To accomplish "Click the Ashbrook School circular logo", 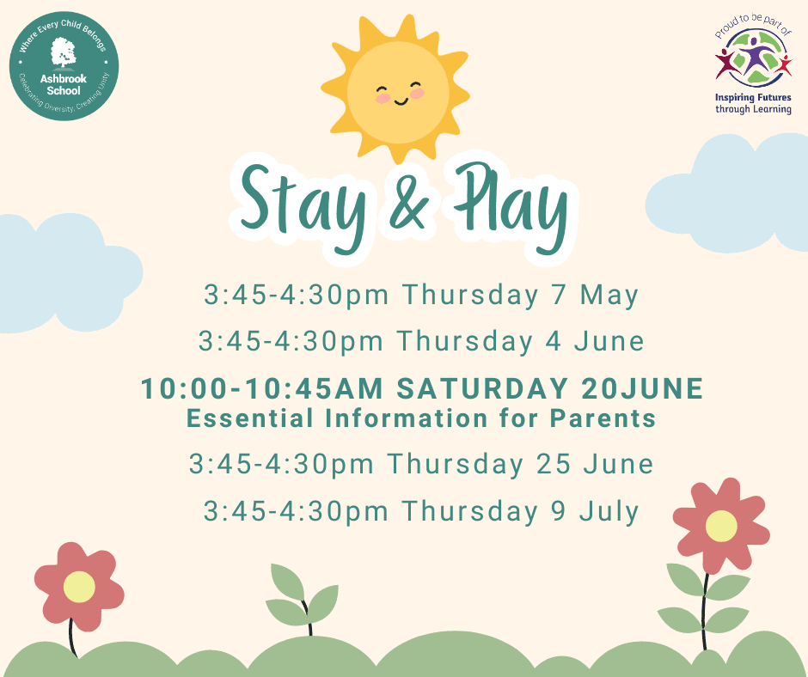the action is pyautogui.click(x=64, y=66).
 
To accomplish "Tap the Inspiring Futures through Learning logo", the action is pyautogui.click(x=753, y=64).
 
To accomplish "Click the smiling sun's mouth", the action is pyautogui.click(x=401, y=101).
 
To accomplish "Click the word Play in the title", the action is pyautogui.click(x=511, y=206).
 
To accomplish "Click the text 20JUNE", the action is pyautogui.click(x=643, y=388).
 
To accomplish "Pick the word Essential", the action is pyautogui.click(x=249, y=418).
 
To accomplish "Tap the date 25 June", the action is pyautogui.click(x=595, y=464).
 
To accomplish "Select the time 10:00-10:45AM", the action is pyautogui.click(x=262, y=388).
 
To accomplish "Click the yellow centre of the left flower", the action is pyautogui.click(x=79, y=587).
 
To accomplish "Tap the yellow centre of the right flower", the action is pyautogui.click(x=721, y=526).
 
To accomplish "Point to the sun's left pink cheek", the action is pyautogui.click(x=383, y=97).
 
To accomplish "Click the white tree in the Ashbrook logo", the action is pyautogui.click(x=64, y=52).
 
